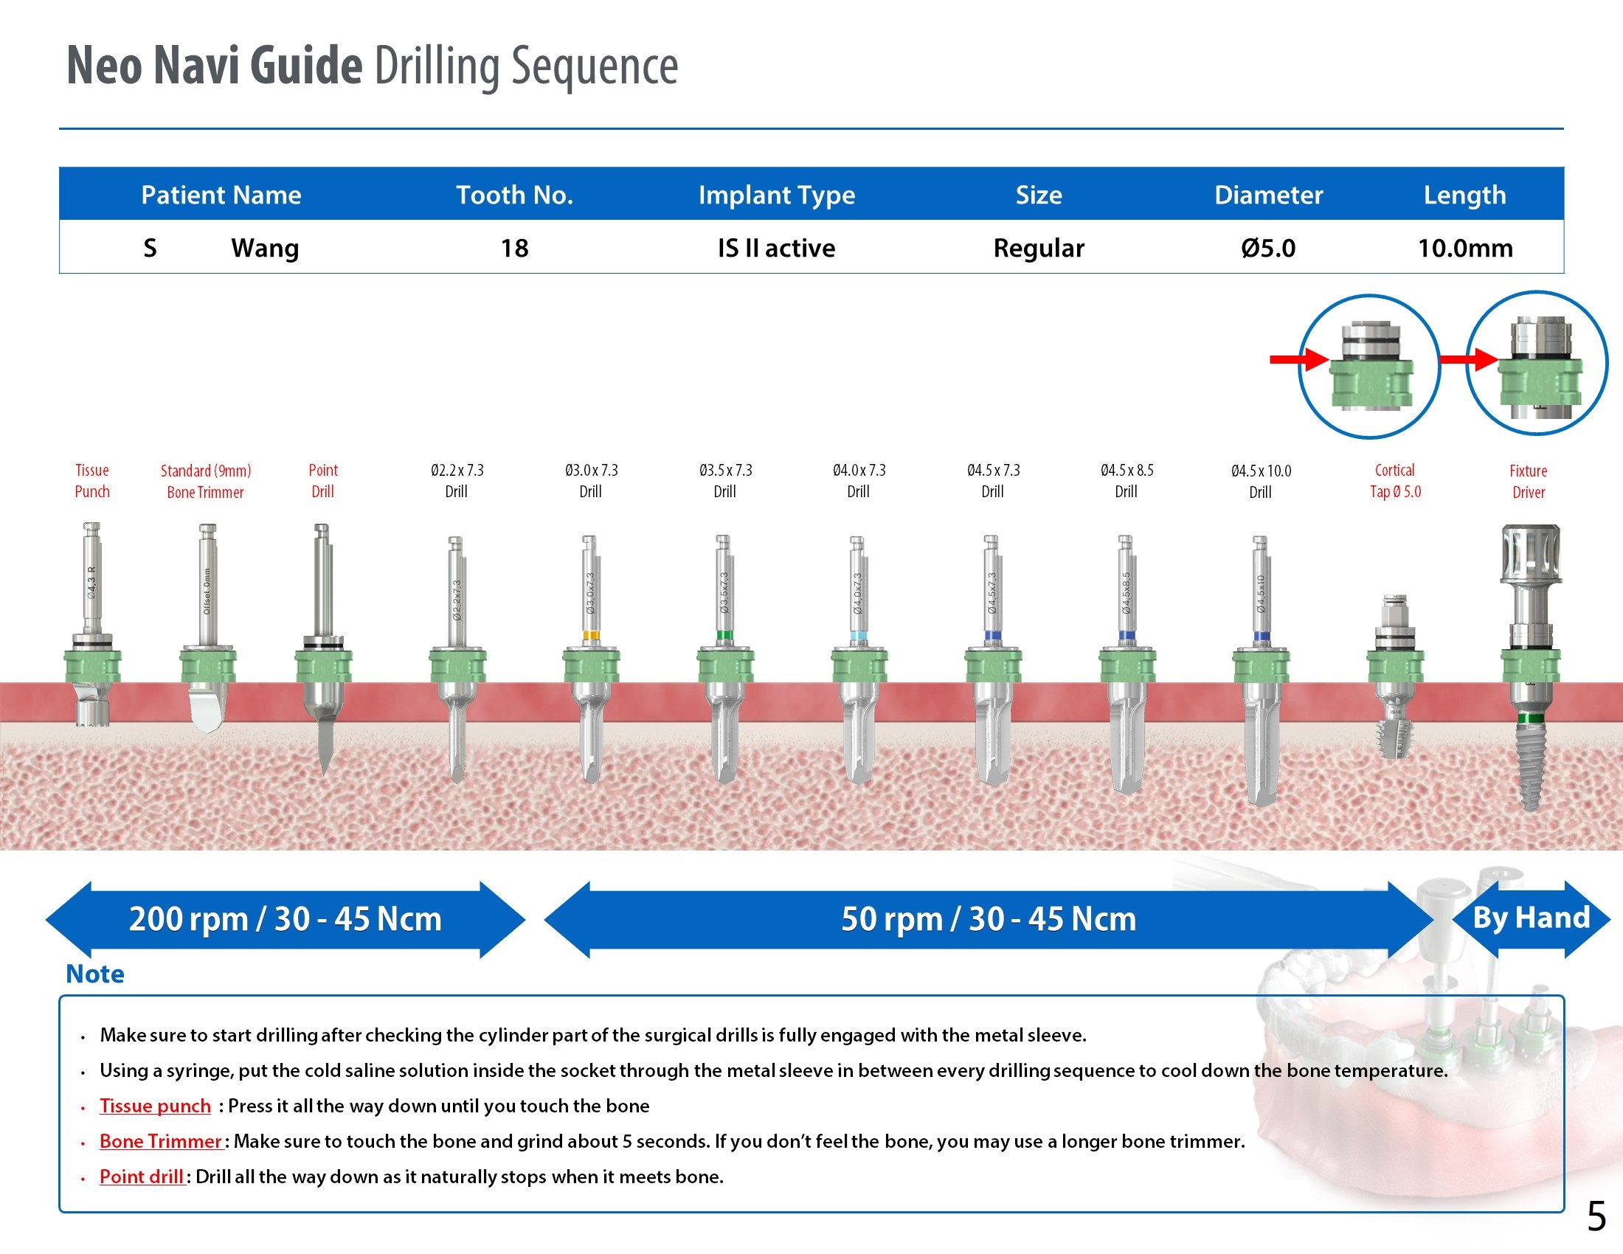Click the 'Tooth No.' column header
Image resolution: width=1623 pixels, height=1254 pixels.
(x=514, y=195)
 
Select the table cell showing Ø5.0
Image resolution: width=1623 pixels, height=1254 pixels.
(x=1267, y=248)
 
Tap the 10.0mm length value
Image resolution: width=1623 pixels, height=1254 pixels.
(x=1464, y=248)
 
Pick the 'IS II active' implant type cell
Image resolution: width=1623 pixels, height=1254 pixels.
(x=776, y=248)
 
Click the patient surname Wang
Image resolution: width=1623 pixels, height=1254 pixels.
(x=265, y=248)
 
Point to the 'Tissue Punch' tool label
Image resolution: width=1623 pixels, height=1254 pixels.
(x=92, y=481)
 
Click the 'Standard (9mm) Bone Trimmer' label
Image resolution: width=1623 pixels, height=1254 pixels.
(x=206, y=482)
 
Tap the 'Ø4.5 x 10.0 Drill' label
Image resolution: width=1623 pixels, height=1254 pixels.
(x=1260, y=482)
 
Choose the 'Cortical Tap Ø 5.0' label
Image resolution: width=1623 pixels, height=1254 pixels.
(x=1395, y=481)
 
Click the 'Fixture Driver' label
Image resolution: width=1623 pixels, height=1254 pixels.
(x=1528, y=482)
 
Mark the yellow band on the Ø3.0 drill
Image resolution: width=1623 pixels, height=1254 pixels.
(x=591, y=635)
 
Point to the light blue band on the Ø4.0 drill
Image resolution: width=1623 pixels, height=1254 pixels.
(x=858, y=635)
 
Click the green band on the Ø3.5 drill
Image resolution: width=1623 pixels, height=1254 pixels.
(x=724, y=635)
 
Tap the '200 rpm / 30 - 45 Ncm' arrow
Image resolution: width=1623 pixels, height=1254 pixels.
(x=286, y=919)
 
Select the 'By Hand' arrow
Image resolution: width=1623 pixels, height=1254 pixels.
(x=1531, y=918)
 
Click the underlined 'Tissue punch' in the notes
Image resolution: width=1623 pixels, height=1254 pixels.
(x=156, y=1106)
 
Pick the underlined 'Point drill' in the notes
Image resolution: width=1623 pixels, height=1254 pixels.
(x=142, y=1177)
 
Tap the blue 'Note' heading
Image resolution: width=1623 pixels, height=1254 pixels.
(x=95, y=974)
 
